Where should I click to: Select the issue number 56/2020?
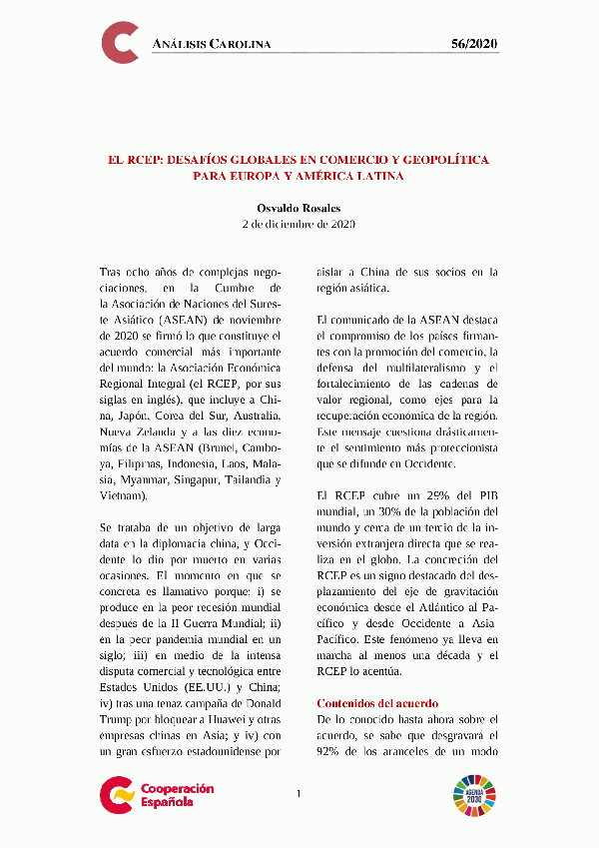(475, 45)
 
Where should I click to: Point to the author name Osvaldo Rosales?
(299, 207)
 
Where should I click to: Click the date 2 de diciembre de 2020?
(299, 224)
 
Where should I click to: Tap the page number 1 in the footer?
(299, 794)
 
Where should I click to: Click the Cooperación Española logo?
(157, 795)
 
